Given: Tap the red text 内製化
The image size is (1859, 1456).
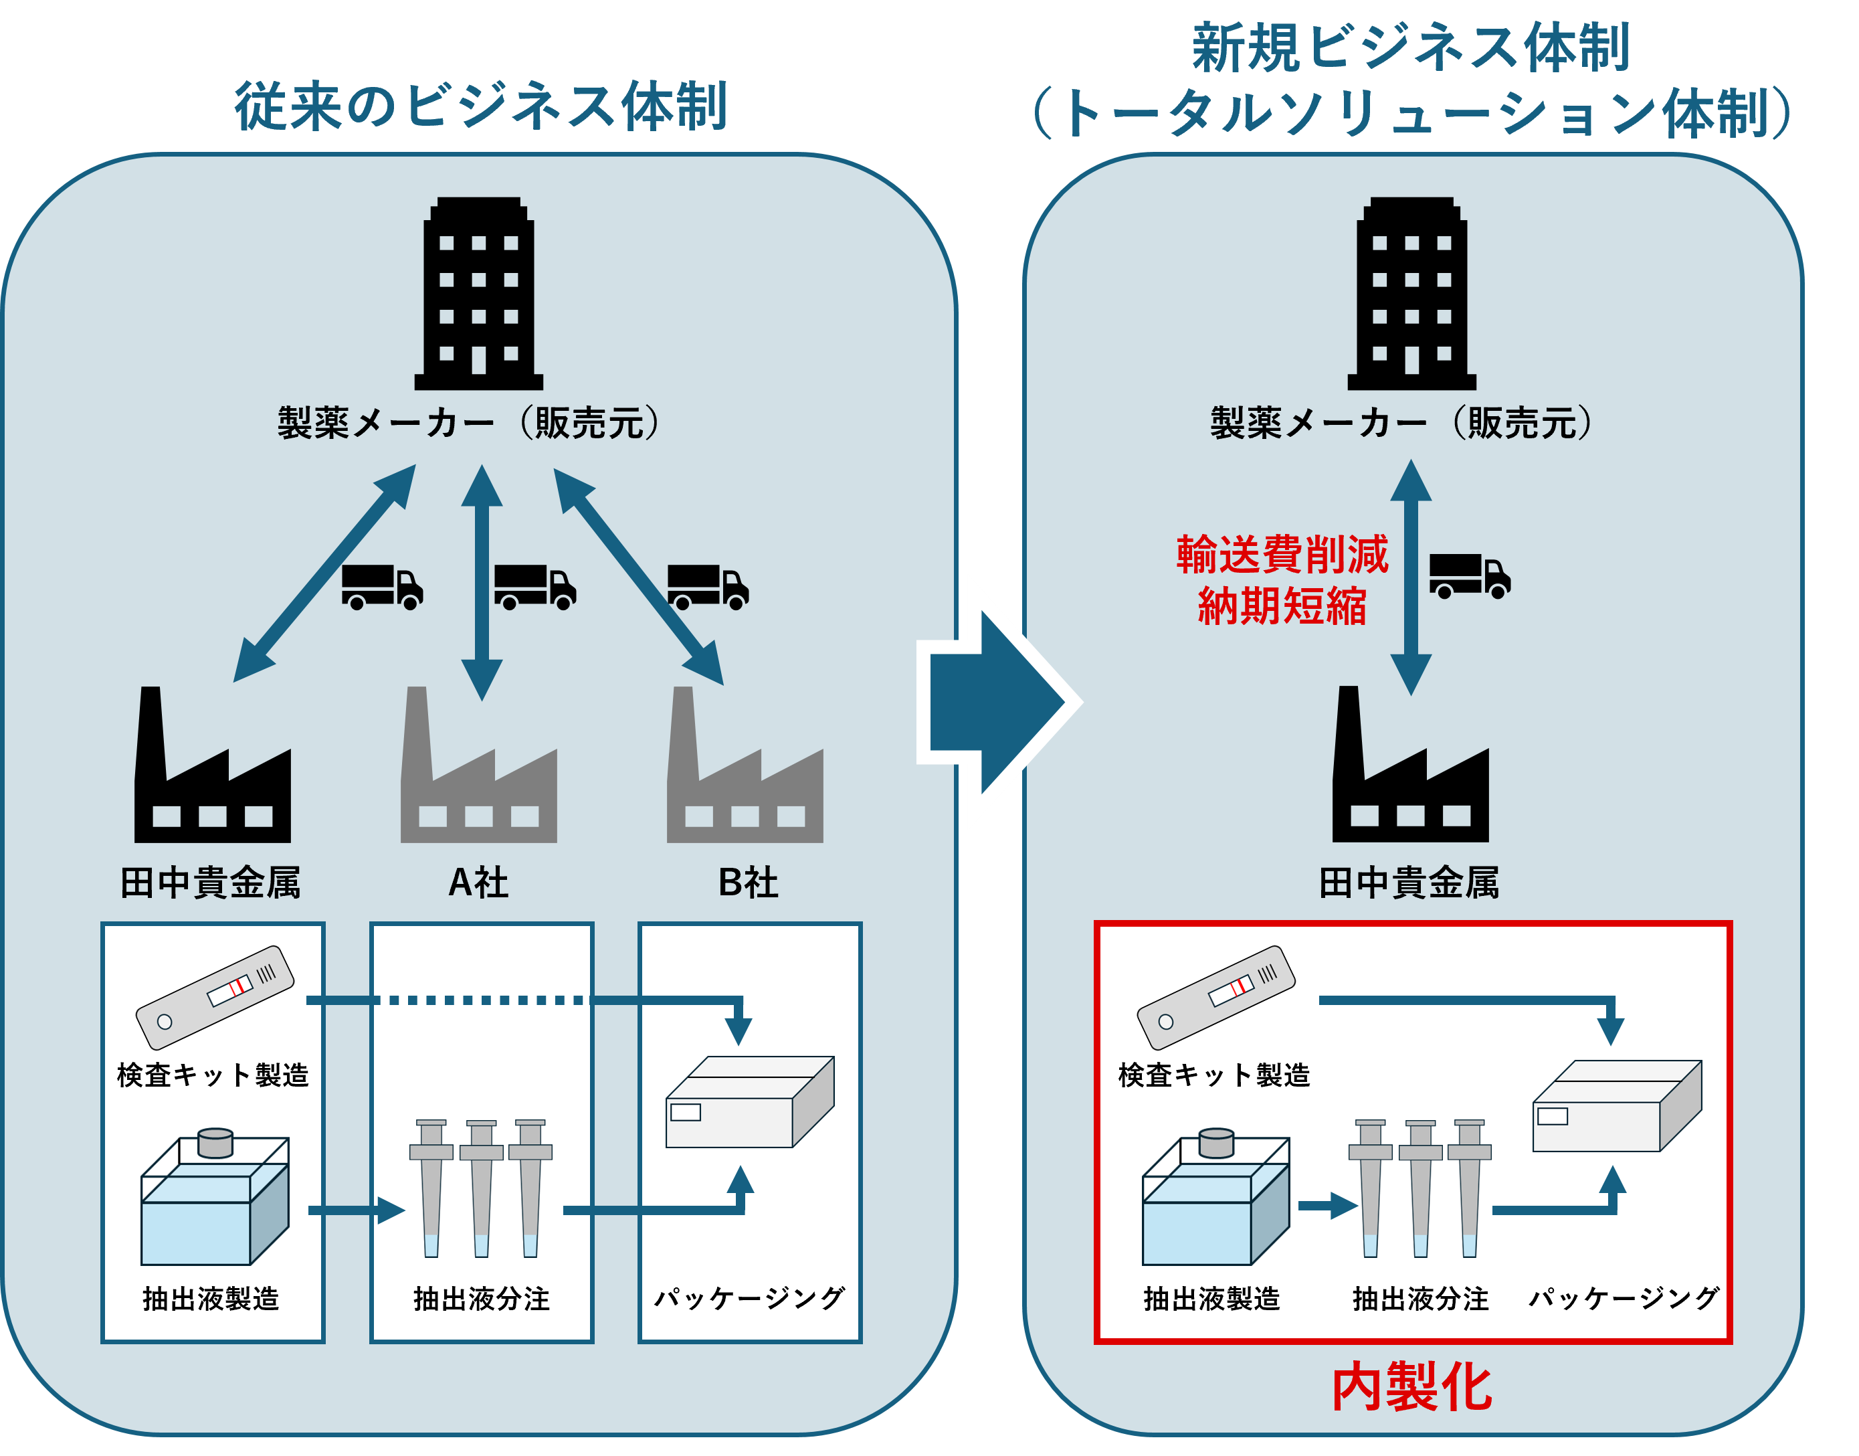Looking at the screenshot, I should coord(1411,1387).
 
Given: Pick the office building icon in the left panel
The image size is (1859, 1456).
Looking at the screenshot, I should coord(478,294).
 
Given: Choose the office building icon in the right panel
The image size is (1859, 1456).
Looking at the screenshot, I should coord(1411,294).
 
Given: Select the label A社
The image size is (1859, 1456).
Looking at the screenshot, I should coord(478,883).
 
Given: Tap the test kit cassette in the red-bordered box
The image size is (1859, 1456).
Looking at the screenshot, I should coord(1215,996).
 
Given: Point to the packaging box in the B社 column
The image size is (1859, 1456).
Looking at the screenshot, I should coord(749,1102).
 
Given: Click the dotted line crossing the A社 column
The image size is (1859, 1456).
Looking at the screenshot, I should coord(482,1000).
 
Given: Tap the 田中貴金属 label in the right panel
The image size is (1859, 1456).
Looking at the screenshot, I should coord(1409,883).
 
